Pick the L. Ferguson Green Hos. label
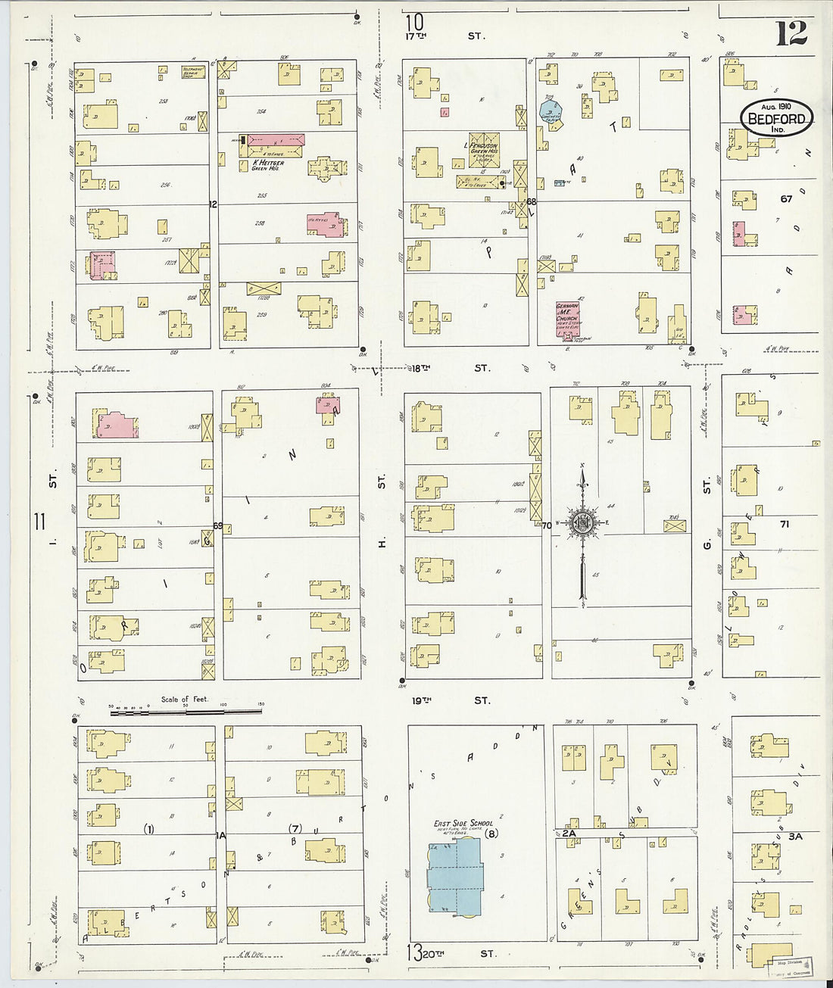481,148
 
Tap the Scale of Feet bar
186,709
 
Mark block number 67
785,199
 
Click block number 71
785,523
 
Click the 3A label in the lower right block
794,837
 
